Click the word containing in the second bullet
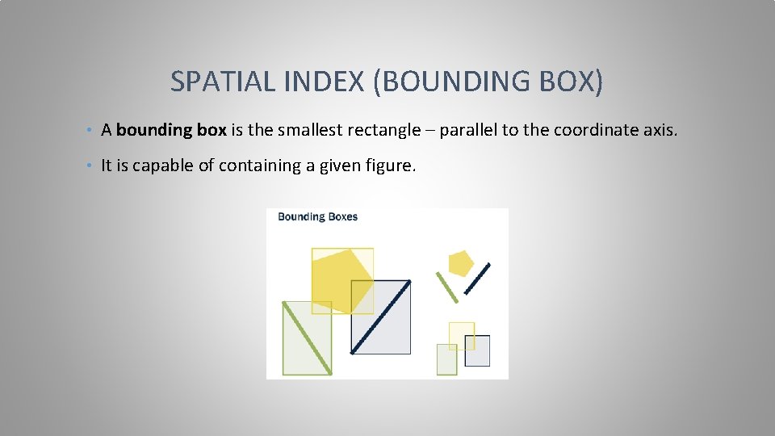pyautogui.click(x=258, y=166)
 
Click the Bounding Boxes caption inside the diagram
pyautogui.click(x=317, y=216)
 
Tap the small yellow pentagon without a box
pyautogui.click(x=460, y=263)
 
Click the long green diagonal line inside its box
pyautogui.click(x=307, y=337)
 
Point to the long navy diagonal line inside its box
pyautogui.click(x=380, y=317)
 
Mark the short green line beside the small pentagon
pyautogui.click(x=446, y=287)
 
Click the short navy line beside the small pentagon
pyautogui.click(x=477, y=279)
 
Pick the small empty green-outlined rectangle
pyautogui.click(x=446, y=361)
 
